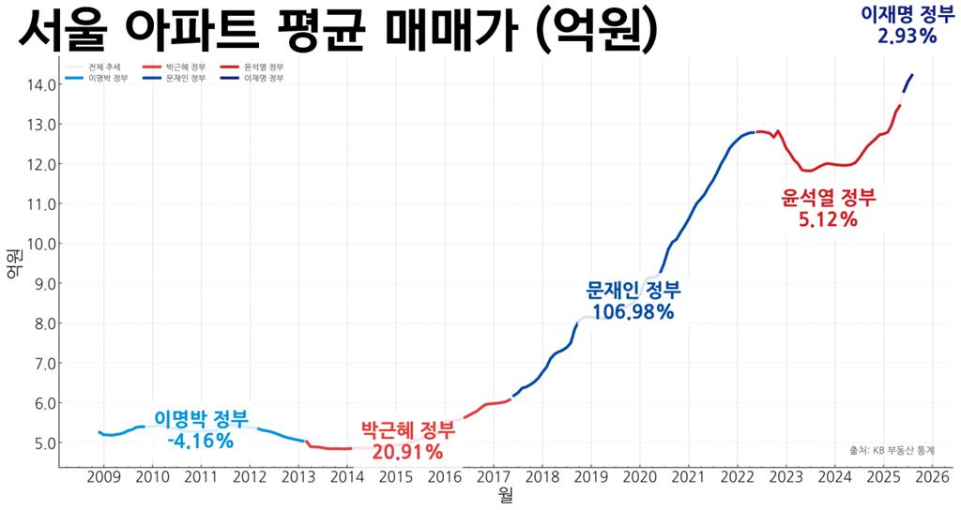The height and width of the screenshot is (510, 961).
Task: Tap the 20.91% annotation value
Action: (407, 452)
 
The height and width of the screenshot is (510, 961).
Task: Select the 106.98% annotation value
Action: (633, 311)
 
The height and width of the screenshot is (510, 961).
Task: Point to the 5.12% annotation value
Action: (828, 219)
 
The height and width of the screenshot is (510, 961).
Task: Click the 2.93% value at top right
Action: (907, 36)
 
